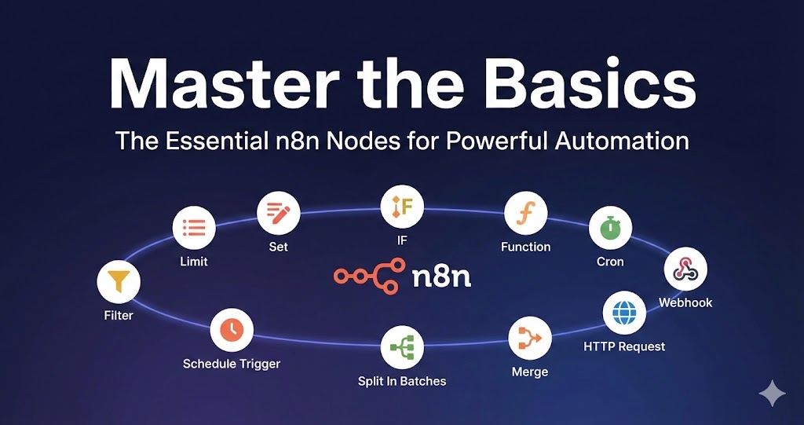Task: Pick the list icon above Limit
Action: tap(194, 229)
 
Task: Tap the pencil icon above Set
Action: tap(279, 213)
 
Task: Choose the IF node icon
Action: tap(402, 207)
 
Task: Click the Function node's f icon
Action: tap(525, 213)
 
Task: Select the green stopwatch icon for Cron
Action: tap(610, 229)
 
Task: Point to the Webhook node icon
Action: tap(685, 269)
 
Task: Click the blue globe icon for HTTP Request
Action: tap(624, 313)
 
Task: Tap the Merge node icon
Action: tap(530, 339)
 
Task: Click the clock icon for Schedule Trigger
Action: tap(232, 330)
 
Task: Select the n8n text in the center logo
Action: tap(441, 276)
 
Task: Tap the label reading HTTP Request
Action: tap(624, 346)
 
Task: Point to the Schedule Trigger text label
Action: tap(232, 364)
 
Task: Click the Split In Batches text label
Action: tap(402, 381)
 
